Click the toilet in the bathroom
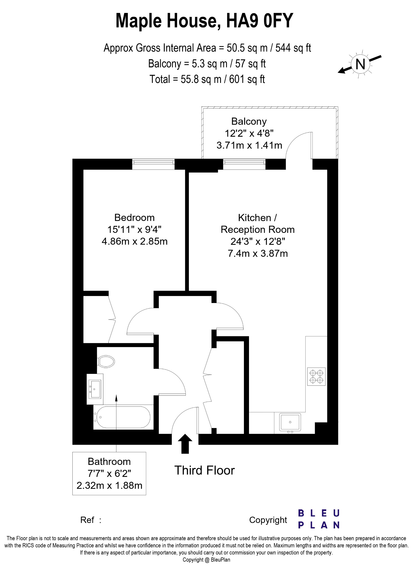point(106,361)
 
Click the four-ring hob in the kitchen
point(316,377)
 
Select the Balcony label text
point(249,121)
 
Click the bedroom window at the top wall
point(153,164)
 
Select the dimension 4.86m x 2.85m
point(135,241)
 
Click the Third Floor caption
point(204,470)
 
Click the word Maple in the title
point(138,21)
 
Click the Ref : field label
point(91,520)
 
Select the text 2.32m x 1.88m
point(109,485)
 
